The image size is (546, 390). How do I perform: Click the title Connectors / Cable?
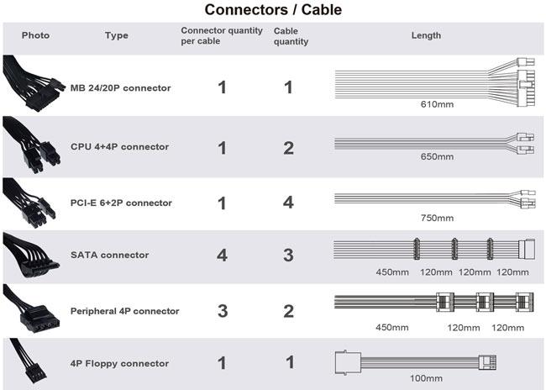(273, 10)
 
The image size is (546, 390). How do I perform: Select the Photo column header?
(35, 35)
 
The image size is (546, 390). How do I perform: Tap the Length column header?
(426, 35)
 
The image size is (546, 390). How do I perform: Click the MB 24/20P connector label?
(120, 87)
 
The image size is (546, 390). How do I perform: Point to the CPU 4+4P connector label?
(119, 146)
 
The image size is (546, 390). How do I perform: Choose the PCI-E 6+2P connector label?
(121, 203)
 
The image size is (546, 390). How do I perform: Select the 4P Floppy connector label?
(120, 364)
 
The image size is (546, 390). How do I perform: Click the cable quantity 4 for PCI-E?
(289, 203)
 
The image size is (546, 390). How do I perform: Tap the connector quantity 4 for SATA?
(222, 256)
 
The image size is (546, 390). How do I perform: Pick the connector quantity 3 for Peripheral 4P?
(222, 311)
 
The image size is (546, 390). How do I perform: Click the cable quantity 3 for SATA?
(289, 256)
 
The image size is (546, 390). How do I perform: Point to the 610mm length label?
(437, 106)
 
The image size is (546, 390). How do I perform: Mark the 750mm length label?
(437, 218)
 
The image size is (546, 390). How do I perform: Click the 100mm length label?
(425, 379)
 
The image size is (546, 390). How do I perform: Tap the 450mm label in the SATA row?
(391, 272)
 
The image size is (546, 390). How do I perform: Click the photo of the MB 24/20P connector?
(32, 84)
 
